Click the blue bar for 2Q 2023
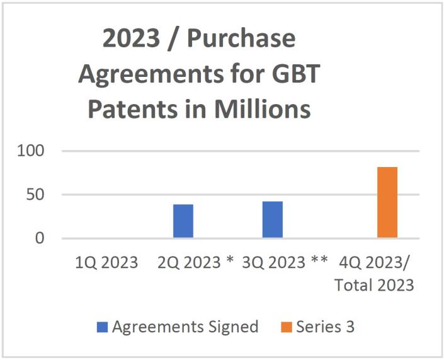[183, 221]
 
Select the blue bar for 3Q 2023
[273, 219]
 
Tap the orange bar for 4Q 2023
[387, 202]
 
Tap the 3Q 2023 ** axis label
[285, 262]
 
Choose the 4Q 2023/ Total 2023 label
[375, 273]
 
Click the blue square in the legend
[103, 327]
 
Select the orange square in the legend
[286, 327]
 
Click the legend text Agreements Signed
[185, 327]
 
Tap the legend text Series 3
[326, 327]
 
